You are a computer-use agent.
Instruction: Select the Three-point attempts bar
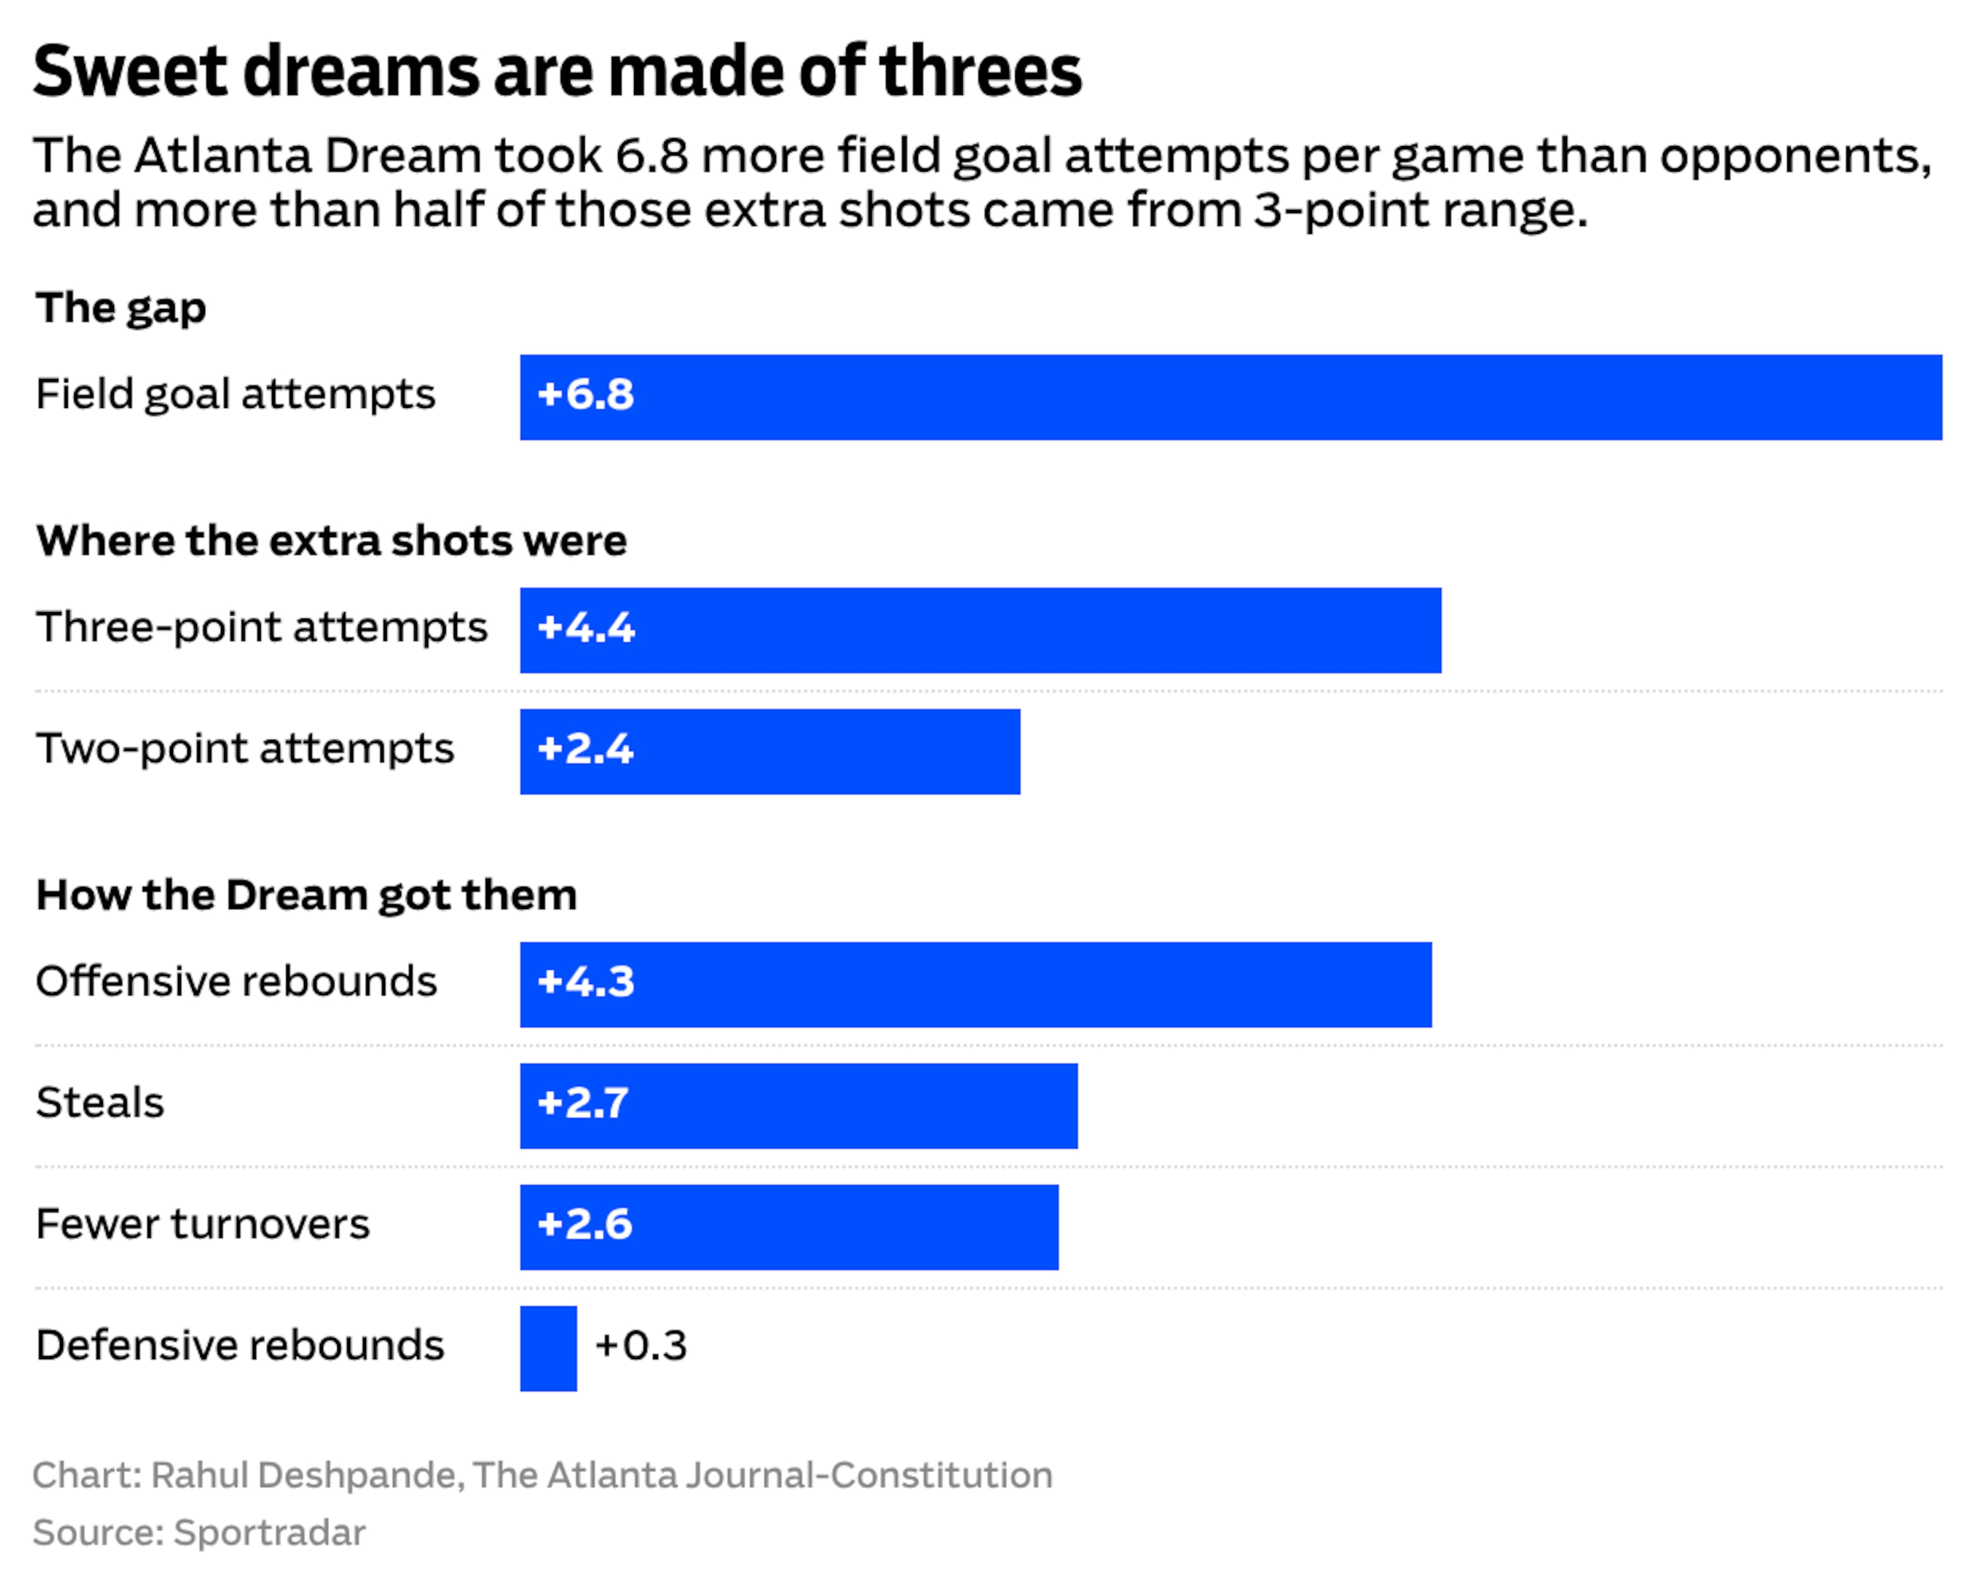(x=981, y=630)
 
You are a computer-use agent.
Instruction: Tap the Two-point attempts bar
(x=770, y=751)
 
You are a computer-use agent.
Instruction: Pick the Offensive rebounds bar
(x=975, y=984)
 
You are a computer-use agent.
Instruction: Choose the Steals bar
(x=799, y=1105)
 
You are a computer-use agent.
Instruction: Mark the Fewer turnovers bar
(x=789, y=1227)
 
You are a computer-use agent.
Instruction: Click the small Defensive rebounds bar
(x=549, y=1348)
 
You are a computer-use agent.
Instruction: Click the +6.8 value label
(x=585, y=394)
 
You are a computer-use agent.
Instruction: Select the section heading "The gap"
(x=121, y=308)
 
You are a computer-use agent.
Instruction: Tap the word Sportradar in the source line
(x=270, y=1532)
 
